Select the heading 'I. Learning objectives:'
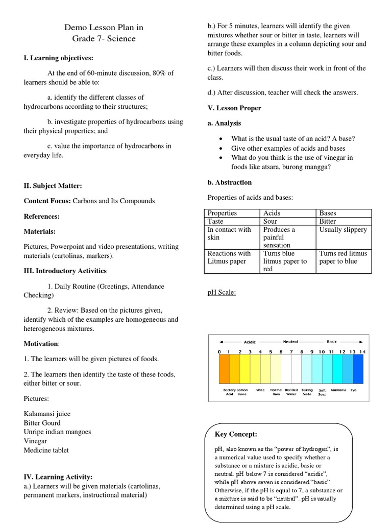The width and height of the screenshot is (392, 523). [58, 58]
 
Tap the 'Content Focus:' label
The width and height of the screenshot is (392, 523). [47, 201]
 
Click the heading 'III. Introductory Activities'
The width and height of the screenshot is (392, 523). [65, 271]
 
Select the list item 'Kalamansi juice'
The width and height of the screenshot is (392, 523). [47, 413]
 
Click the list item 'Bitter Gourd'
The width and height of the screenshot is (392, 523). [42, 422]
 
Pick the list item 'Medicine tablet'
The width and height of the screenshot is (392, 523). [46, 450]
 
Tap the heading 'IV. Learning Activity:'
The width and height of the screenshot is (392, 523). [58, 477]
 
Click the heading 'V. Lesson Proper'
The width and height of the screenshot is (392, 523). [234, 108]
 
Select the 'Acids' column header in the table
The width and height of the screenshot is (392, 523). [272, 213]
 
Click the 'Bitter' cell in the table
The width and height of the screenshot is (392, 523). [328, 221]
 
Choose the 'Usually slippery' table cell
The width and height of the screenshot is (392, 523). [343, 229]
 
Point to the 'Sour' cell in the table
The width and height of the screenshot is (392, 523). [271, 221]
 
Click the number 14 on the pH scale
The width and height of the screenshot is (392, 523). [362, 352]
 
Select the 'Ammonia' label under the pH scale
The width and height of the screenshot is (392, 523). [338, 390]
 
